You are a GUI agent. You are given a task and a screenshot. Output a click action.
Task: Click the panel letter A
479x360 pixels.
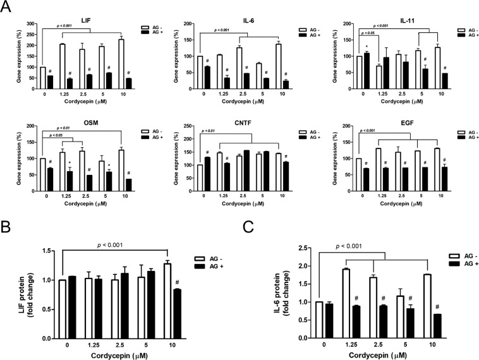coord(8,8)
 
